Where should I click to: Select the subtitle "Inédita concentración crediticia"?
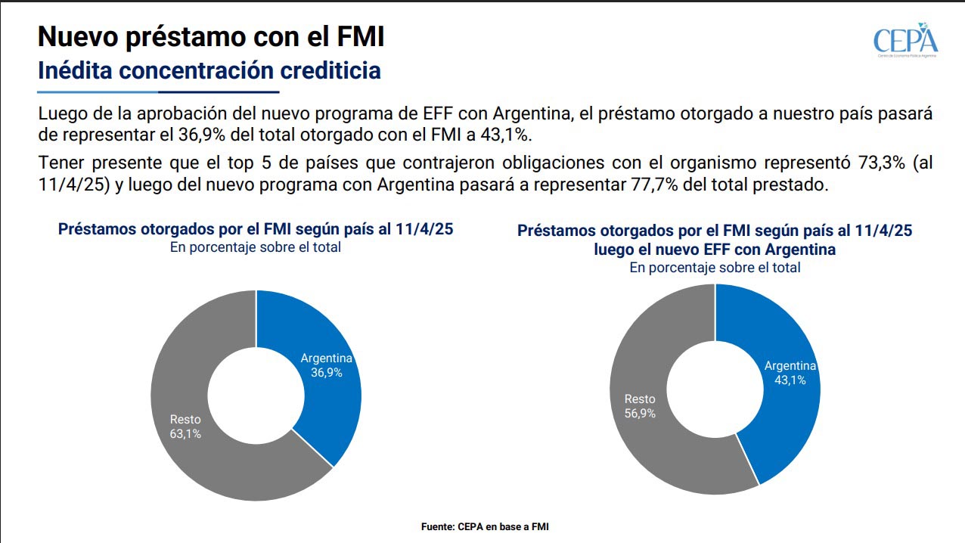[x=209, y=71]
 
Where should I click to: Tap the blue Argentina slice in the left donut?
[x=318, y=333]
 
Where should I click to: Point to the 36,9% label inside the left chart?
[x=327, y=373]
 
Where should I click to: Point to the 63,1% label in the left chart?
[x=185, y=434]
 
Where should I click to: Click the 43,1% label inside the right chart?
[x=790, y=380]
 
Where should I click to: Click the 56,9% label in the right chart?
[x=640, y=414]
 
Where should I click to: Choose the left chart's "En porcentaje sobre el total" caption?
[x=256, y=247]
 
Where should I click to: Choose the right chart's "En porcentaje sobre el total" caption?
[x=715, y=267]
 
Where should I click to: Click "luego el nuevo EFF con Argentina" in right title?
[x=715, y=249]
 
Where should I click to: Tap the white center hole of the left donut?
[x=256, y=395]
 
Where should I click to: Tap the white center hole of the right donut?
[x=715, y=389]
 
